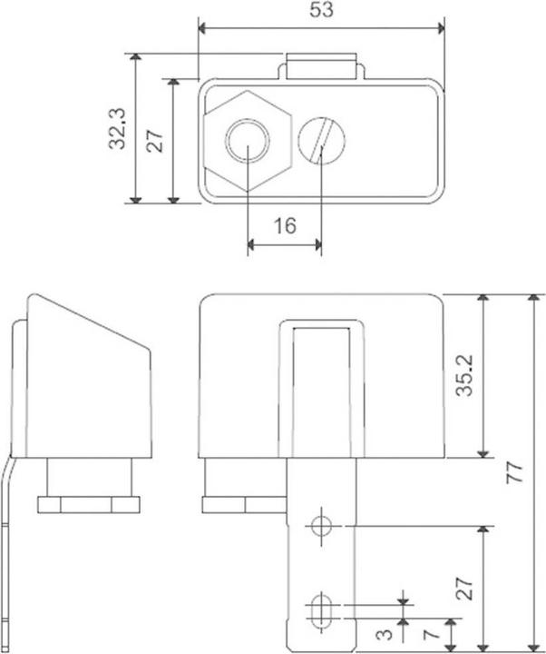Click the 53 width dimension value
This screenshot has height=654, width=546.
point(322,11)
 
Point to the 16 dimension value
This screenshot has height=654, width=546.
point(285,225)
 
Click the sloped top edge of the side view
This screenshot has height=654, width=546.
point(91,322)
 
